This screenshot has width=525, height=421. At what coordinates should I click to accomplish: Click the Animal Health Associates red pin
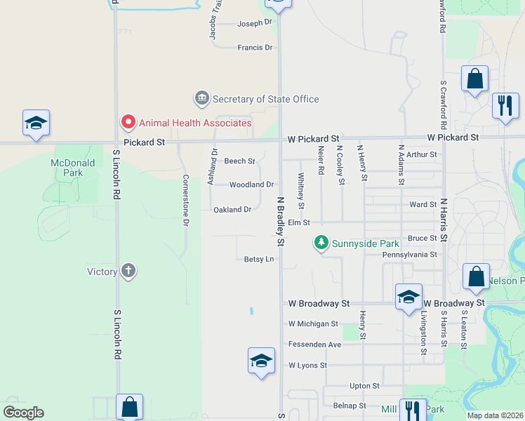[128, 122]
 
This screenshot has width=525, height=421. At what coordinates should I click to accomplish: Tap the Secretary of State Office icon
[201, 99]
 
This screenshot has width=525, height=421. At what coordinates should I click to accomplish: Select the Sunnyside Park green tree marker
[321, 243]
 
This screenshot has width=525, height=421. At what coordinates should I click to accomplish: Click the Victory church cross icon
[128, 271]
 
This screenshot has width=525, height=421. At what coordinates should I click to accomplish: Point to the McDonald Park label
[67, 167]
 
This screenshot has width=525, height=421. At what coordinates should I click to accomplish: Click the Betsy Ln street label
[258, 259]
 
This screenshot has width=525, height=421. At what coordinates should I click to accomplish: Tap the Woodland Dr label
[251, 185]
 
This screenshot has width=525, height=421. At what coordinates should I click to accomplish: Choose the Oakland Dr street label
[232, 209]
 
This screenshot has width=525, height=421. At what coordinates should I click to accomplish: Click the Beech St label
[239, 161]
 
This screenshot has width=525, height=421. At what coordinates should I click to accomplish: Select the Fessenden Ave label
[314, 345]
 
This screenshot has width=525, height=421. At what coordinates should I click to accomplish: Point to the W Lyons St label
[307, 366]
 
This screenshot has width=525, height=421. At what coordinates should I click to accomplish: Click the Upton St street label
[364, 386]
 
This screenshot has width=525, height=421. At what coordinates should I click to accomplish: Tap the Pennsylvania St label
[410, 255]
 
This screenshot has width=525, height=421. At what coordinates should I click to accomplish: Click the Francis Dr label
[255, 47]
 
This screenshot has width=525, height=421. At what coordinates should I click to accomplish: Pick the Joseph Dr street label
[254, 22]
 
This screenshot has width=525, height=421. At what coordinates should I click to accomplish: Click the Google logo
[23, 413]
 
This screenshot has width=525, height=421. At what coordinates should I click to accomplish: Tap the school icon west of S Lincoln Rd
[36, 123]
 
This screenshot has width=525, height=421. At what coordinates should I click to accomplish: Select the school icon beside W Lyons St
[261, 361]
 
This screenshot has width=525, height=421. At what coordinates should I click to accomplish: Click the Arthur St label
[421, 154]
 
